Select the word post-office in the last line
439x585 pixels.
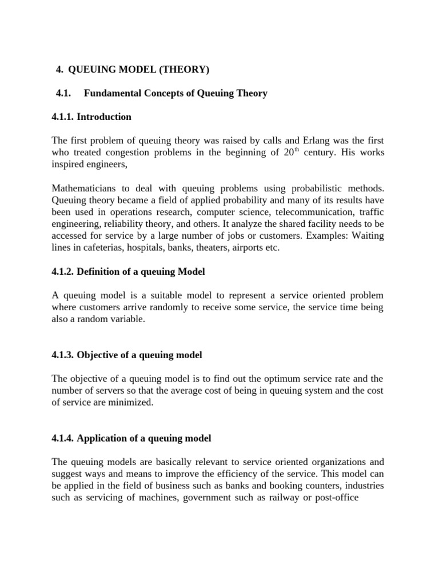click(x=335, y=498)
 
